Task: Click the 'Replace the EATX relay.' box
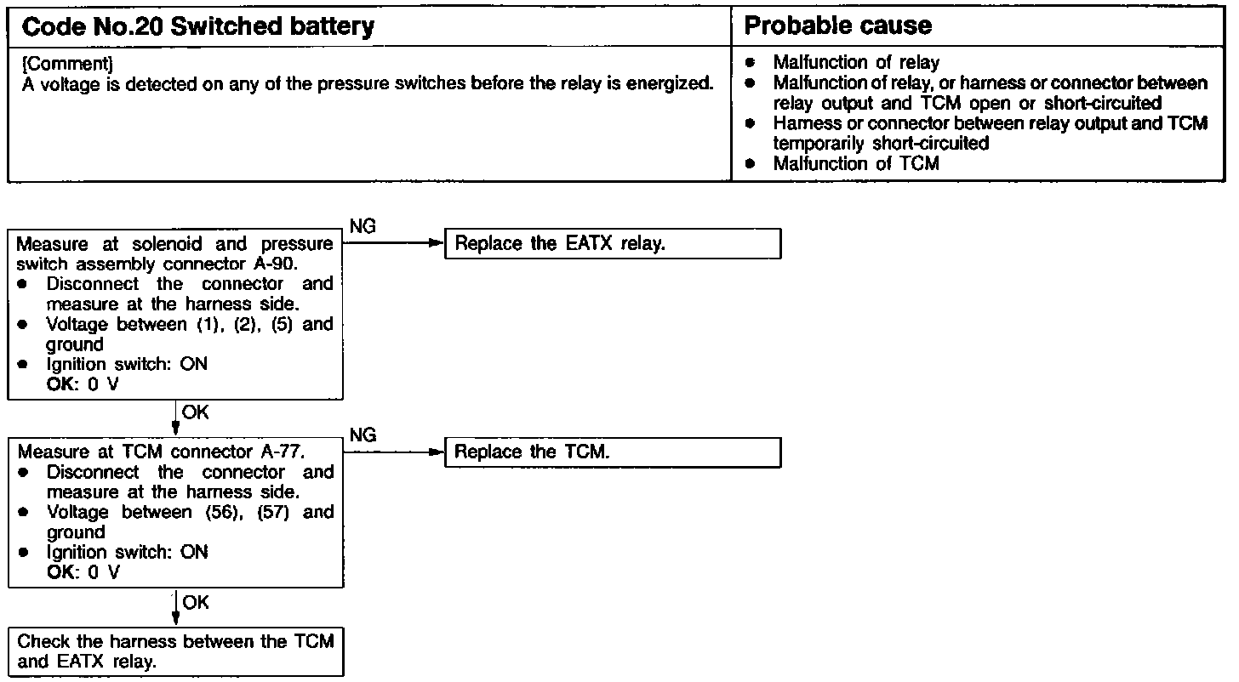point(612,243)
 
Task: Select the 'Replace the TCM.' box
point(612,452)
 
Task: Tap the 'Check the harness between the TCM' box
point(176,652)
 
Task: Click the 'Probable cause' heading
point(837,26)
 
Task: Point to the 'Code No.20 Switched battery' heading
point(197,27)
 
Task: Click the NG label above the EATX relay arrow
point(363,227)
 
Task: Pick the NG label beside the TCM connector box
point(363,435)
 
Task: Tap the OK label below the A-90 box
point(195,412)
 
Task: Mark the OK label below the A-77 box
point(195,602)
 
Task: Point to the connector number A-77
point(283,452)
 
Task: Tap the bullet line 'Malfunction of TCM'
point(855,164)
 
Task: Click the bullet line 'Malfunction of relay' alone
point(856,62)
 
